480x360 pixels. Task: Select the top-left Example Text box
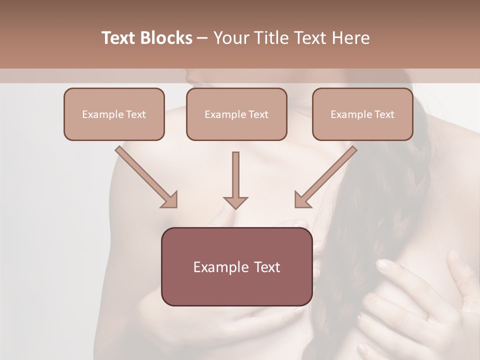pos(114,114)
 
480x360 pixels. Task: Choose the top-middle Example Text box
pos(236,114)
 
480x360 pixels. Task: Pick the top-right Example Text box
pos(362,114)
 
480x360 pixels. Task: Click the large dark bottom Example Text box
pos(236,266)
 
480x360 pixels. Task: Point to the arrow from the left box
pos(145,176)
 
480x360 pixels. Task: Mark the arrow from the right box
pos(326,176)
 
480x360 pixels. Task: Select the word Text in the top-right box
pos(384,114)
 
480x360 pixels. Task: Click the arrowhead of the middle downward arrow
pos(235,202)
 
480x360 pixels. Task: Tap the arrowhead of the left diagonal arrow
pos(169,200)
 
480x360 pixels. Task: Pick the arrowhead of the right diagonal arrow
pos(302,200)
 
